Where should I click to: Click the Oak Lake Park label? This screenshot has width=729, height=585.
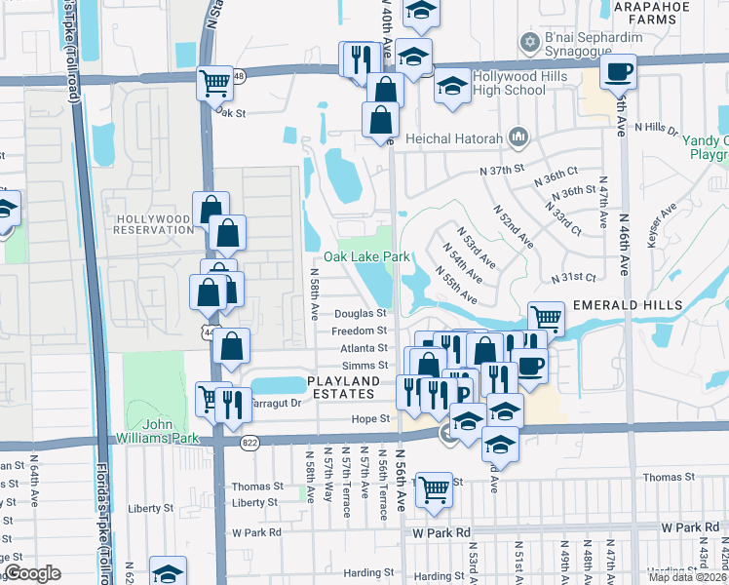tap(366, 256)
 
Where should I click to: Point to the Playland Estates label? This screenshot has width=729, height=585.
tap(340, 386)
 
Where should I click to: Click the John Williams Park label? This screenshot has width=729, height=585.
tap(158, 431)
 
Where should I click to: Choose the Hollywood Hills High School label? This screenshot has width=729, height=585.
tap(509, 83)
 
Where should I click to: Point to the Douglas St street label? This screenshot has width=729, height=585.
tap(361, 314)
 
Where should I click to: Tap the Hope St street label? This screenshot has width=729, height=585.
tap(370, 418)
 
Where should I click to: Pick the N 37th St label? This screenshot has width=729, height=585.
tap(502, 170)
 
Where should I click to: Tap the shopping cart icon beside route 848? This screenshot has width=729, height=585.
tap(214, 84)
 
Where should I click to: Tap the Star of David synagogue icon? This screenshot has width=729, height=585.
tap(530, 41)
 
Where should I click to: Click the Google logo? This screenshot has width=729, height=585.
tap(32, 573)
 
